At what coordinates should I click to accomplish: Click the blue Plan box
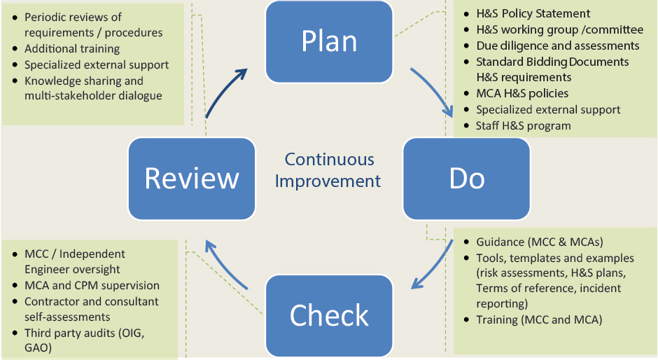[329, 41]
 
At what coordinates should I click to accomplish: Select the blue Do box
[466, 178]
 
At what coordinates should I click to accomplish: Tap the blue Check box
[329, 315]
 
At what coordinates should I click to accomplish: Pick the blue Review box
[191, 178]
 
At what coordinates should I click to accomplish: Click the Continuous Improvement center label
[328, 170]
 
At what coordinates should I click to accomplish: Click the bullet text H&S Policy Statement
[533, 13]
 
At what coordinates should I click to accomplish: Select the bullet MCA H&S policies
[521, 93]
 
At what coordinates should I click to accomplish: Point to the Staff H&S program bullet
[523, 126]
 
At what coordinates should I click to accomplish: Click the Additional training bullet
[72, 49]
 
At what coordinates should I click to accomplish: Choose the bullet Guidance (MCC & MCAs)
[539, 242]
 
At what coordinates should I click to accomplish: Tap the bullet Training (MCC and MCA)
[539, 320]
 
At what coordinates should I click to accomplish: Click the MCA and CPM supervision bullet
[92, 286]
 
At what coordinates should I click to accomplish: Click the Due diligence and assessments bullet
[557, 46]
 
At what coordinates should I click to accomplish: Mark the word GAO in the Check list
[37, 347]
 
